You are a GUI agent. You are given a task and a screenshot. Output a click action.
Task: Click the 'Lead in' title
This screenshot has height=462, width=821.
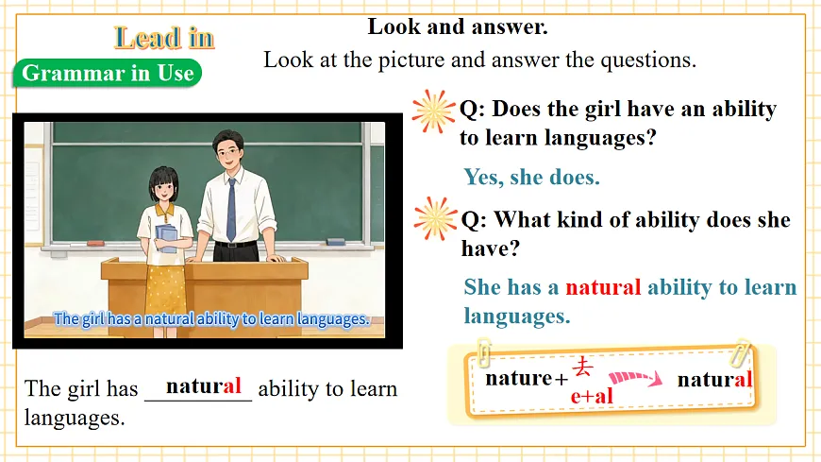point(164,38)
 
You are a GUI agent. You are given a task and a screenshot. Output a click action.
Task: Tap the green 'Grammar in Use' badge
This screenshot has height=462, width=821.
point(107,73)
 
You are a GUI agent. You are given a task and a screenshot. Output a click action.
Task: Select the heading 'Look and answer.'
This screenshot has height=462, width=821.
point(458,26)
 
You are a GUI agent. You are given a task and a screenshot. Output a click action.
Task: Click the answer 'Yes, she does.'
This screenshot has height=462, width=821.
point(531,177)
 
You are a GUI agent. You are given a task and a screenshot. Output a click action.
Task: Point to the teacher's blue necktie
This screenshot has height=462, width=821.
point(231,209)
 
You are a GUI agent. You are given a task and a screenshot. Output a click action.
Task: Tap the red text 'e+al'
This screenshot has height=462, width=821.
point(592,396)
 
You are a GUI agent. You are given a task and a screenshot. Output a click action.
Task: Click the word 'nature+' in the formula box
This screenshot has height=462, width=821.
point(525,379)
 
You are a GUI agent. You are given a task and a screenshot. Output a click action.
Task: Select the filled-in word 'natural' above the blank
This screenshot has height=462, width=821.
point(204,385)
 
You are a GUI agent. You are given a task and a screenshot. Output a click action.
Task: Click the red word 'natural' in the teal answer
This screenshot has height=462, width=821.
point(603,287)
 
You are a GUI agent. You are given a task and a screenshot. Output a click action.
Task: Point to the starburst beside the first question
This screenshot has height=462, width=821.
point(433,111)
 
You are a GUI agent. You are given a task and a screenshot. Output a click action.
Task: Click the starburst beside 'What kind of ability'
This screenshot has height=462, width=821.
point(435,218)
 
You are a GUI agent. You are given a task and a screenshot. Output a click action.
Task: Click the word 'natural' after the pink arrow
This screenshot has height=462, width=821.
point(714,379)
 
